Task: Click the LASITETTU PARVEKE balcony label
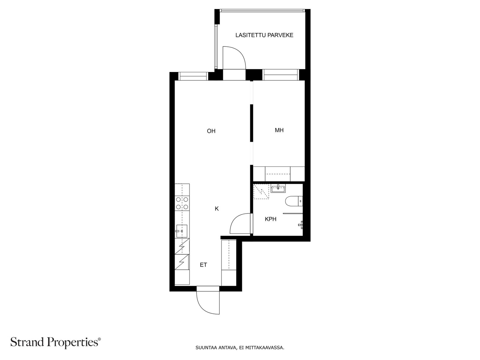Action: pyautogui.click(x=264, y=35)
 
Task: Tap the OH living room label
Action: pyautogui.click(x=211, y=131)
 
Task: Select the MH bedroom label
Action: pyautogui.click(x=279, y=130)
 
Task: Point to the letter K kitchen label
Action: pyautogui.click(x=217, y=209)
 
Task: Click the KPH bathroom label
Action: pyautogui.click(x=271, y=219)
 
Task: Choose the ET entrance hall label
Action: pyautogui.click(x=203, y=265)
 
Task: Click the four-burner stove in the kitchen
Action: pyautogui.click(x=182, y=203)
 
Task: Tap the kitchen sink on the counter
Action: pyautogui.click(x=181, y=231)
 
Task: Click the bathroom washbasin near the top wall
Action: pyautogui.click(x=278, y=188)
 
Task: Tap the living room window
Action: pyautogui.click(x=193, y=76)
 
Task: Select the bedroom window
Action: pyautogui.click(x=280, y=75)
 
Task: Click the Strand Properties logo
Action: pyautogui.click(x=56, y=342)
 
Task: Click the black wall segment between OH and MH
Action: pyautogui.click(x=251, y=123)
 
